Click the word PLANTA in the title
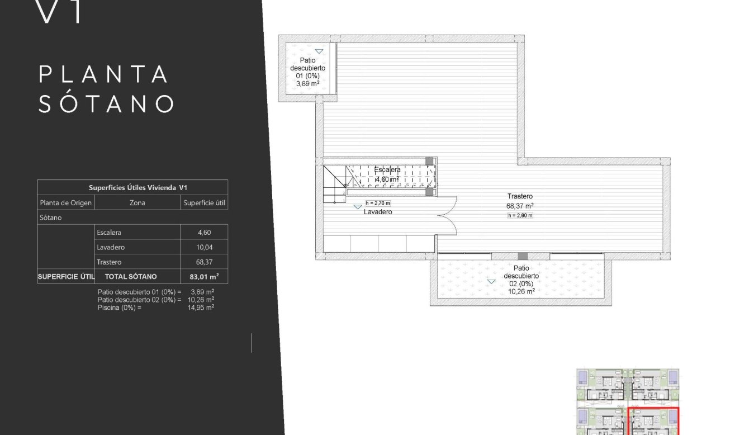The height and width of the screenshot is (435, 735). [x=104, y=74]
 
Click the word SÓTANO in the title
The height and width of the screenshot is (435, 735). [x=106, y=104]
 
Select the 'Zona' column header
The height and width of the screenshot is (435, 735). [x=137, y=203]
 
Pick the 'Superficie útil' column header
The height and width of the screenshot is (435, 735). [x=204, y=203]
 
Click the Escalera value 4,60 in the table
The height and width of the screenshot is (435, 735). [x=204, y=233]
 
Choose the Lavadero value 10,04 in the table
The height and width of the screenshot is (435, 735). [x=204, y=247]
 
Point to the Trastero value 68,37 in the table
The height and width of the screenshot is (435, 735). [x=204, y=262]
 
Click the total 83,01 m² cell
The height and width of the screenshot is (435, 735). [x=204, y=276]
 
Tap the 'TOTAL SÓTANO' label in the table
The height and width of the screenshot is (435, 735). [x=131, y=276]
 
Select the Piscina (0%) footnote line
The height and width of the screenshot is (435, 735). [x=155, y=307]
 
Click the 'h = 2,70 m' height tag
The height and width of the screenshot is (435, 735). [x=378, y=204]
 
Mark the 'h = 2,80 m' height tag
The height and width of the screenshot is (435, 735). [x=520, y=215]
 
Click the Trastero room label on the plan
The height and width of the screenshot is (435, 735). [x=520, y=196]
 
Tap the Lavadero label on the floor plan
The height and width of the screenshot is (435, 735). [x=378, y=212]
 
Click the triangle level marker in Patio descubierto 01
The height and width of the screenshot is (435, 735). [x=319, y=51]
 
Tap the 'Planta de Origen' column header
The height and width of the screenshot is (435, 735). [x=65, y=203]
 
